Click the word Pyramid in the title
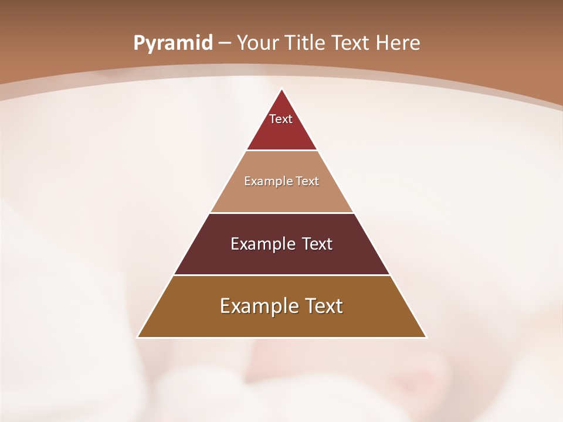pyautogui.click(x=172, y=43)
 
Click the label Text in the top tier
pyautogui.click(x=281, y=119)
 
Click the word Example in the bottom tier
pyautogui.click(x=259, y=306)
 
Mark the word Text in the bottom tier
pyautogui.click(x=323, y=306)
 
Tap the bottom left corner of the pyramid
pyautogui.click(x=138, y=337)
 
